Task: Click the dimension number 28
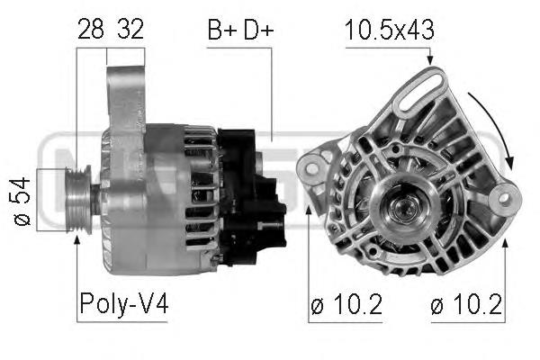point(91,29)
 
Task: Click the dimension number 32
point(130,29)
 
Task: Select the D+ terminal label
point(258,30)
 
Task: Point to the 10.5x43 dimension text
point(389,30)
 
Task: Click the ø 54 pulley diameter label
point(22,202)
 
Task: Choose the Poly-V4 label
point(124,303)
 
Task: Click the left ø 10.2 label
point(346,304)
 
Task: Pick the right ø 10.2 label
point(466,304)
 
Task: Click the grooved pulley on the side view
point(78,200)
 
